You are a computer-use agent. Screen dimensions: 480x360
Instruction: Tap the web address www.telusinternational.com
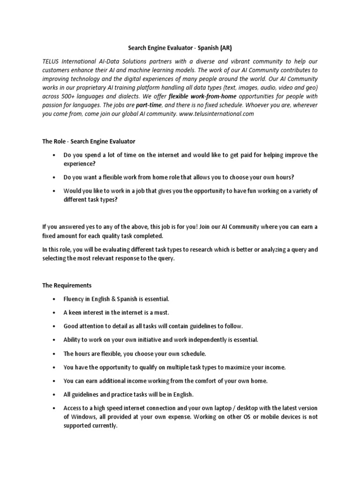(216, 114)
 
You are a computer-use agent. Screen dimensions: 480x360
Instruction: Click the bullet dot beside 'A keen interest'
(55, 313)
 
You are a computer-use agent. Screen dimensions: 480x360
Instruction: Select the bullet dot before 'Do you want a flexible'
(55, 177)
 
